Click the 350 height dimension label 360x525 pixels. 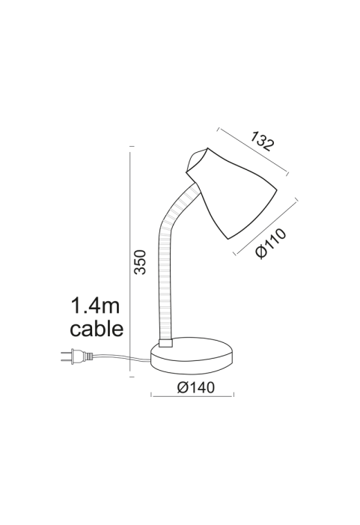(140, 262)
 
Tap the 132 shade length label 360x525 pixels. (262, 142)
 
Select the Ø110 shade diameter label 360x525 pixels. (271, 243)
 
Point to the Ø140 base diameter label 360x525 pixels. (196, 387)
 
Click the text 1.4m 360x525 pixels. (95, 306)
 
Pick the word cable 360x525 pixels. (97, 329)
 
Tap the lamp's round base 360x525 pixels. (192, 356)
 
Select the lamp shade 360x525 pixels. (231, 193)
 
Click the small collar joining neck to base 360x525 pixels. (165, 343)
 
